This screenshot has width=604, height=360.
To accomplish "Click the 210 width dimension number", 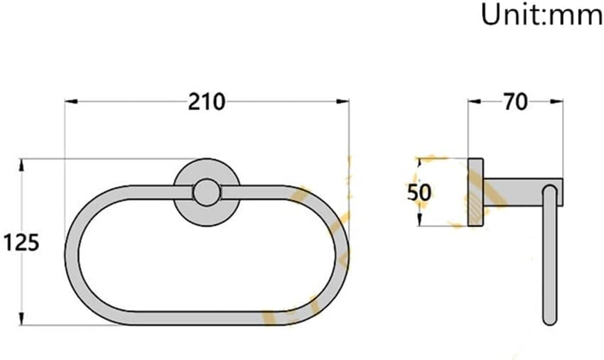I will [207, 102].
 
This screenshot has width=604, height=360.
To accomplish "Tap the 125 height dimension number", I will [21, 242].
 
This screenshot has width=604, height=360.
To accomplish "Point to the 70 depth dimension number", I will [514, 102].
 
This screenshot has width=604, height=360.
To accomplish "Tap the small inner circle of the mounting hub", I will [206, 192].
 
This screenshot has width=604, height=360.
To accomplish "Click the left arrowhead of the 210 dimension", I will [70, 102].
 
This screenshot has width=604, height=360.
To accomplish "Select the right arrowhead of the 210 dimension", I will [344, 102].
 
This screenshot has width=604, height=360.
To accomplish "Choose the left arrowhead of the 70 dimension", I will [472, 102].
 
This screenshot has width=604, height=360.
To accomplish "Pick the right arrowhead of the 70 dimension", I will [559, 102].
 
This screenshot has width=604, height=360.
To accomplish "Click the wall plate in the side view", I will [476, 192].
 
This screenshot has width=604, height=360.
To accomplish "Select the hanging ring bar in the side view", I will [549, 263].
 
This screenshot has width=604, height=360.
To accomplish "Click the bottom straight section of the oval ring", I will [206, 318].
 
